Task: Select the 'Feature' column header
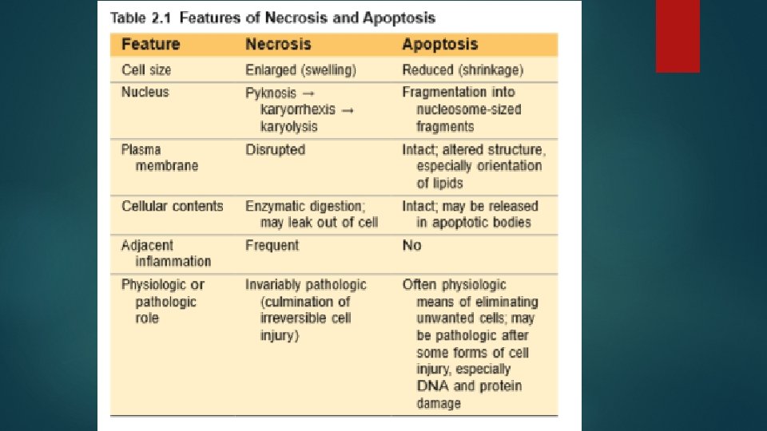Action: [x=150, y=45]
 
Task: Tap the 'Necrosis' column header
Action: [x=278, y=45]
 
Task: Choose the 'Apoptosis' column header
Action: [x=440, y=45]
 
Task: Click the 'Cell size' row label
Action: [x=146, y=70]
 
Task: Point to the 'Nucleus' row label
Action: [x=145, y=93]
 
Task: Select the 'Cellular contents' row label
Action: [x=173, y=206]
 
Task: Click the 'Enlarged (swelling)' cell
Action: [x=300, y=70]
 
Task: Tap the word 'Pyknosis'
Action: [x=271, y=93]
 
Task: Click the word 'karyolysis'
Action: [x=288, y=126]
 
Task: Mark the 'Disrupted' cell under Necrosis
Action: [x=275, y=149]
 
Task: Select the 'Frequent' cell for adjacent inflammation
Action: [x=272, y=245]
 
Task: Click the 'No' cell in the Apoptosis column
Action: [x=411, y=245]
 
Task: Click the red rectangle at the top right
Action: [x=678, y=36]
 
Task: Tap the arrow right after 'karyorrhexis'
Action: [x=348, y=109]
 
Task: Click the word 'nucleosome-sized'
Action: [x=468, y=109]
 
